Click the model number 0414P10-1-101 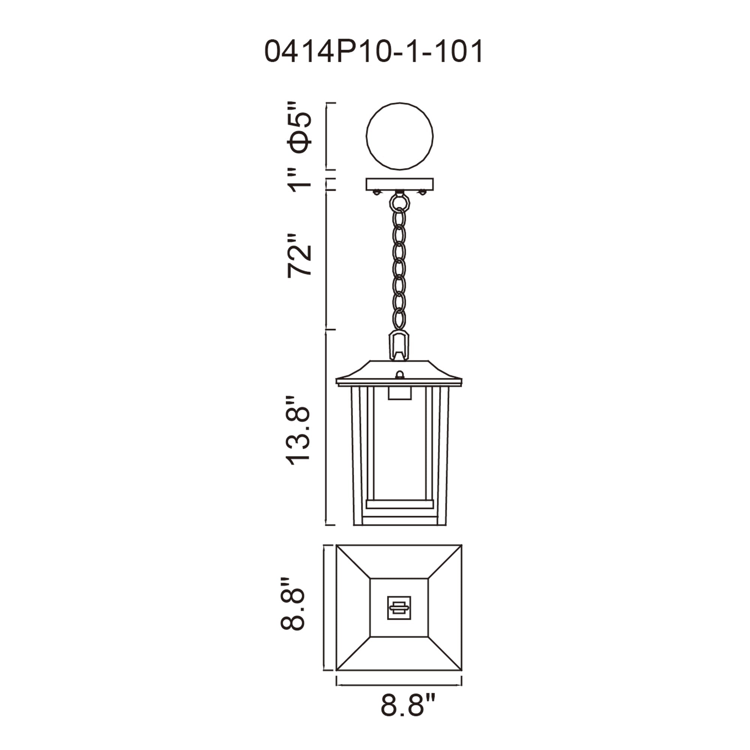coord(374,51)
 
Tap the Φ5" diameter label coord(299,128)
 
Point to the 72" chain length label coord(299,255)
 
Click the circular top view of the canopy coord(399,136)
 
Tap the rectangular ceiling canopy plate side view coord(399,184)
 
